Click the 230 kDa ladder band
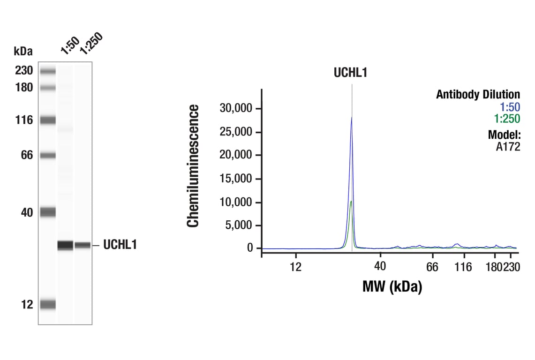[x=47, y=71]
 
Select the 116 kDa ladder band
[x=47, y=120]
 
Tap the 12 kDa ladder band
[x=47, y=305]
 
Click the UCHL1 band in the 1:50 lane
[x=65, y=245]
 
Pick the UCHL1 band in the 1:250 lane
[x=83, y=245]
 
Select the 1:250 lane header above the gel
[x=90, y=43]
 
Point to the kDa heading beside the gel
[x=23, y=51]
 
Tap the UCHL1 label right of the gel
[x=120, y=245]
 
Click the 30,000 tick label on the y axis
[x=236, y=109]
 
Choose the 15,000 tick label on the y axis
[x=236, y=179]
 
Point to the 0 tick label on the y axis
[x=250, y=248]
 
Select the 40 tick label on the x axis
[x=380, y=266]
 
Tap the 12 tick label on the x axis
[x=295, y=267]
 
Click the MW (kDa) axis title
[x=392, y=286]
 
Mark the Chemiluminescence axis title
[x=193, y=166]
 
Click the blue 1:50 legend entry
[x=510, y=107]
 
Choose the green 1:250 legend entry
[x=507, y=119]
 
